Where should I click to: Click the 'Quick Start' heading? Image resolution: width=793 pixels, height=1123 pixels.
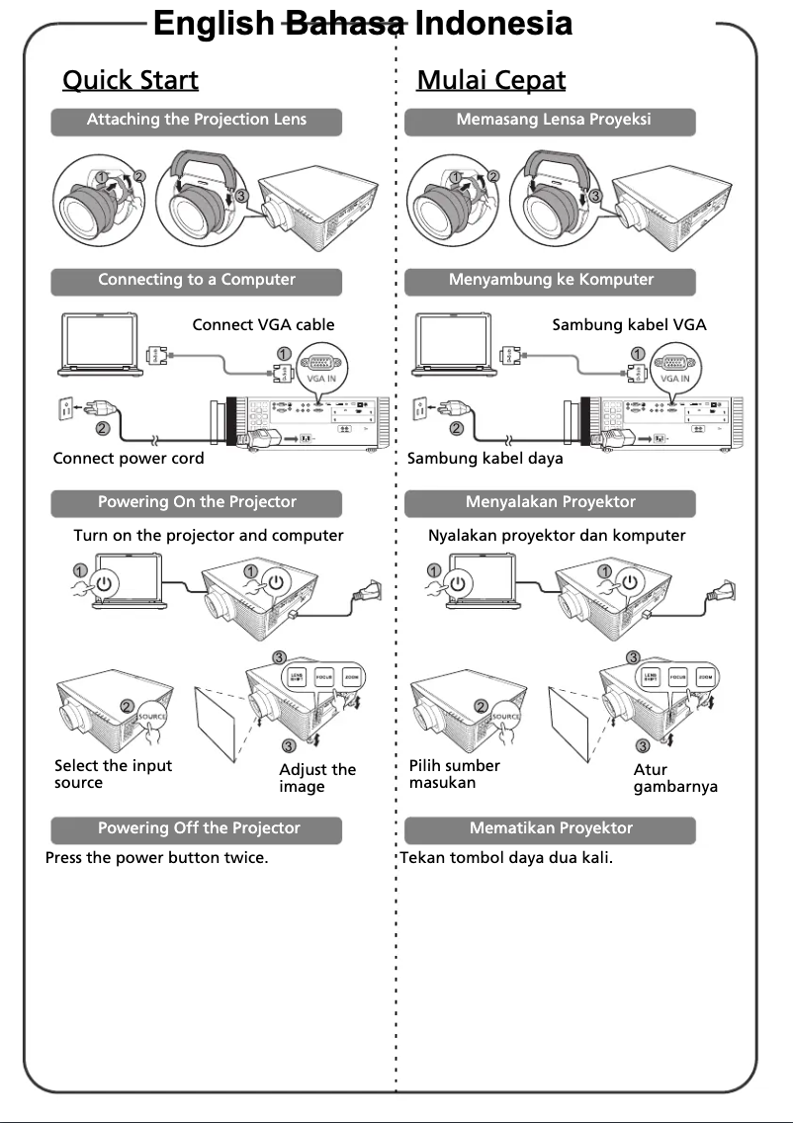tap(130, 80)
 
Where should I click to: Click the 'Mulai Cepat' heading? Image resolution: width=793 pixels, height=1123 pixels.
tap(490, 80)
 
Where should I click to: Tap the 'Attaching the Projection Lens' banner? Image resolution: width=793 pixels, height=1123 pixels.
tap(197, 121)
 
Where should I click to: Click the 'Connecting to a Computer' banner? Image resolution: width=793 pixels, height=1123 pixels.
tap(197, 281)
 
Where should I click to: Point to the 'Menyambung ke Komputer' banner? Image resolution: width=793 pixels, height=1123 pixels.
tap(551, 281)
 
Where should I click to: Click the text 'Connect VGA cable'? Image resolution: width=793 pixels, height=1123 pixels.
tap(263, 324)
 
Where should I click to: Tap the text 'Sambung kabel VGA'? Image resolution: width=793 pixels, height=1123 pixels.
tap(629, 324)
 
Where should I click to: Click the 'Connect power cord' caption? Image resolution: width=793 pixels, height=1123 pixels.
tap(129, 459)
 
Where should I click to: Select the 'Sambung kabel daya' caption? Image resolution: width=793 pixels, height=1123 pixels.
tap(485, 459)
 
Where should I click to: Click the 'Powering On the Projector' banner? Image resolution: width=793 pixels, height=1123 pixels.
tap(197, 503)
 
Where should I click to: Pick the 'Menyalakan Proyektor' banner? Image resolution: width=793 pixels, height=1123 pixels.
tap(551, 503)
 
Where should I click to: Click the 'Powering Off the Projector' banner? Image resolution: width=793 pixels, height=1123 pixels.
tap(198, 828)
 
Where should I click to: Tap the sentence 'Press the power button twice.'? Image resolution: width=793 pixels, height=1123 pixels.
tap(156, 858)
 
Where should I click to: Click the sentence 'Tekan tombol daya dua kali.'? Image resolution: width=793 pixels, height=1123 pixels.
tap(506, 858)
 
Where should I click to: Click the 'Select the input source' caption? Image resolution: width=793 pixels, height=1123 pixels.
tap(113, 774)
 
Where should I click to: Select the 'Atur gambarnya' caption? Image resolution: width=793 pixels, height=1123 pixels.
tap(674, 778)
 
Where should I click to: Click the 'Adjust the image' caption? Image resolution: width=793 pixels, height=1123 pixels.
tap(316, 778)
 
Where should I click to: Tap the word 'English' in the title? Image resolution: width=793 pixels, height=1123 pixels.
tap(214, 23)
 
